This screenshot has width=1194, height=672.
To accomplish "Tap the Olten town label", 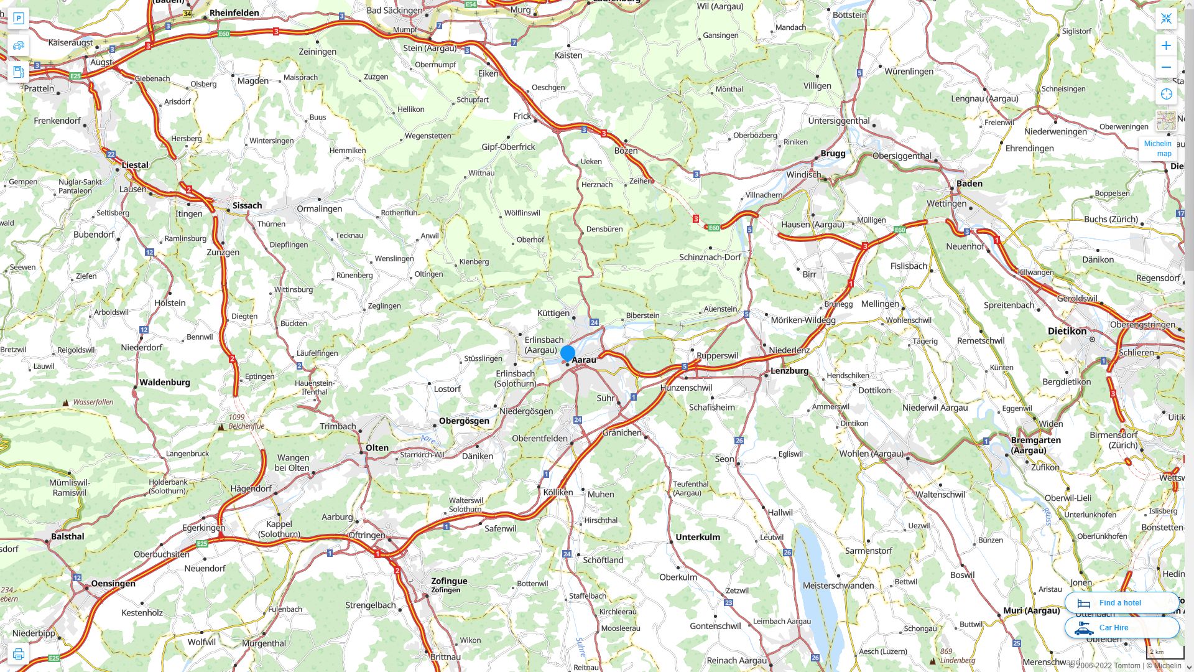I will click(377, 448).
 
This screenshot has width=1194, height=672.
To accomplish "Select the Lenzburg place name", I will click(789, 371).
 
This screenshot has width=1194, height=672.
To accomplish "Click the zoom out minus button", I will click(1166, 67).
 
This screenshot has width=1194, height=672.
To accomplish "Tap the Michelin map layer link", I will click(1157, 148).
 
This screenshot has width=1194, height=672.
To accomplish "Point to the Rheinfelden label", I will click(234, 12).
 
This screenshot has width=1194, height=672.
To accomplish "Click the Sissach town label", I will click(247, 205).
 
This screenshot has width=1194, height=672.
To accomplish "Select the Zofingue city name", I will click(449, 581).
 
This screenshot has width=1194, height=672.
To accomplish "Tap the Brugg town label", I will click(833, 153).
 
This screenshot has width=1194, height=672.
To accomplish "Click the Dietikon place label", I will click(1067, 331).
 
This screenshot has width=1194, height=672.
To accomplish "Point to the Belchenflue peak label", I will click(246, 426).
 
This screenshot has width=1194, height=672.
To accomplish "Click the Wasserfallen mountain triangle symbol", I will click(66, 403).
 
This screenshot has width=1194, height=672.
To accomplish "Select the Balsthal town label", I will click(68, 536).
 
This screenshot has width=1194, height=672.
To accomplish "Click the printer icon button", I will click(19, 654).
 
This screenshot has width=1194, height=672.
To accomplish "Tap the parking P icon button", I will click(19, 19).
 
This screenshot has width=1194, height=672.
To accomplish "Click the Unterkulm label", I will click(698, 537).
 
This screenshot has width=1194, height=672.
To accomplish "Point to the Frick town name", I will click(522, 116).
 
